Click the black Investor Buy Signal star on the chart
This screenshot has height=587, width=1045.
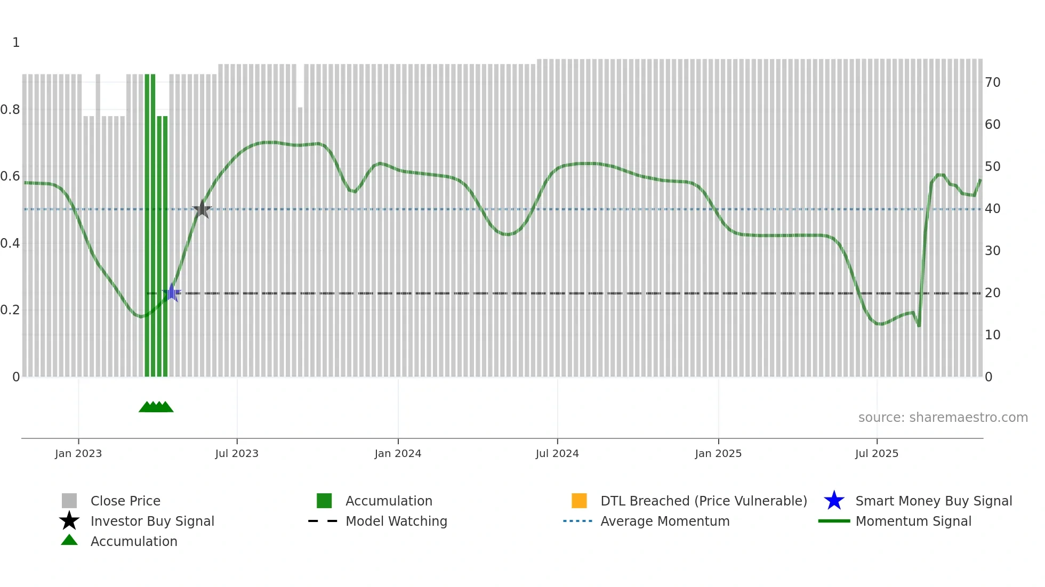202,209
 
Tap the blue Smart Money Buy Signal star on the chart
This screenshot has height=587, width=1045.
172,292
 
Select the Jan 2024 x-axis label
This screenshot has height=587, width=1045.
398,453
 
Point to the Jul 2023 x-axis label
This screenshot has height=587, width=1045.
237,453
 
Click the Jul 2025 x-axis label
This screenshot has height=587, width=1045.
877,453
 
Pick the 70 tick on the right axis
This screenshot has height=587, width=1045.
992,83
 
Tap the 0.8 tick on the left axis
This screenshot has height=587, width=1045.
10,110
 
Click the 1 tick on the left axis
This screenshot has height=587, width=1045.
16,43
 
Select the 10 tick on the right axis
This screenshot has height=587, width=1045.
992,335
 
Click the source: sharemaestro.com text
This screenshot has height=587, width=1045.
943,418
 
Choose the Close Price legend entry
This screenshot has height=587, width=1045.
125,501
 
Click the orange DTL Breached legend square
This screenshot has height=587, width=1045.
579,501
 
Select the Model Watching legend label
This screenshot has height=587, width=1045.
396,521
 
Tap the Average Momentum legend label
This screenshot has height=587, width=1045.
665,521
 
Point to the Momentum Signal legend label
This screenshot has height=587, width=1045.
913,521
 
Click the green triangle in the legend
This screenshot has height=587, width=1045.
69,540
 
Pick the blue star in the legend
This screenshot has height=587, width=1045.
834,501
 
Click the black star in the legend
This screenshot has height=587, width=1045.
69,521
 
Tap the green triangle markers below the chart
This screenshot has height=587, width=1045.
156,407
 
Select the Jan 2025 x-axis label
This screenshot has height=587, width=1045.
718,453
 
